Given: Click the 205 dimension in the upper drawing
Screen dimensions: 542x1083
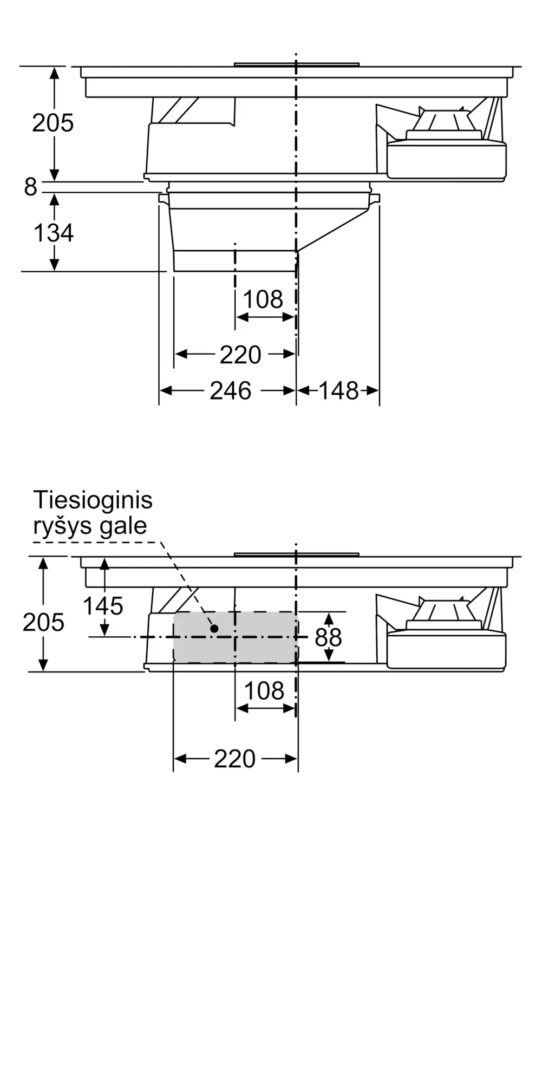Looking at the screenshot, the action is pyautogui.click(x=53, y=123).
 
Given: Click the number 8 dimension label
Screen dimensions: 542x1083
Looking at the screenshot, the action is pyautogui.click(x=30, y=187).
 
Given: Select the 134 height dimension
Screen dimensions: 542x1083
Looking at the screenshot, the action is pyautogui.click(x=54, y=233).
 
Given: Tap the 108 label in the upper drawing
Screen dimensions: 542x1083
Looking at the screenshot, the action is pyautogui.click(x=263, y=299).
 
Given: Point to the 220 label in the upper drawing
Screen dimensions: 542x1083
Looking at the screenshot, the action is pyautogui.click(x=240, y=355).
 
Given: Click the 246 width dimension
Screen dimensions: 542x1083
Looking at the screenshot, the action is pyautogui.click(x=231, y=390).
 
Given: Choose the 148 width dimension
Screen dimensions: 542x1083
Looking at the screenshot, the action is pyautogui.click(x=338, y=390).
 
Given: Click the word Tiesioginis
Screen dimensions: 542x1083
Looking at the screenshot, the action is pyautogui.click(x=93, y=500).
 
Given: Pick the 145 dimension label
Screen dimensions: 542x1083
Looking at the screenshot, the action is pyautogui.click(x=103, y=605).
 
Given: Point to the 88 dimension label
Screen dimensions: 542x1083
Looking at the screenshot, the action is pyautogui.click(x=328, y=637).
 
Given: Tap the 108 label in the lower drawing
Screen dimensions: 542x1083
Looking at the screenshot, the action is pyautogui.click(x=264, y=691).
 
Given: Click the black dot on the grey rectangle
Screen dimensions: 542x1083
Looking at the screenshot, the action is pyautogui.click(x=214, y=628).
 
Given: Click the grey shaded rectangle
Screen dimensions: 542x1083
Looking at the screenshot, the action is pyautogui.click(x=236, y=637).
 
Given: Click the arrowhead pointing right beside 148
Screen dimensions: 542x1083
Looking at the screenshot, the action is pyautogui.click(x=373, y=390).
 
